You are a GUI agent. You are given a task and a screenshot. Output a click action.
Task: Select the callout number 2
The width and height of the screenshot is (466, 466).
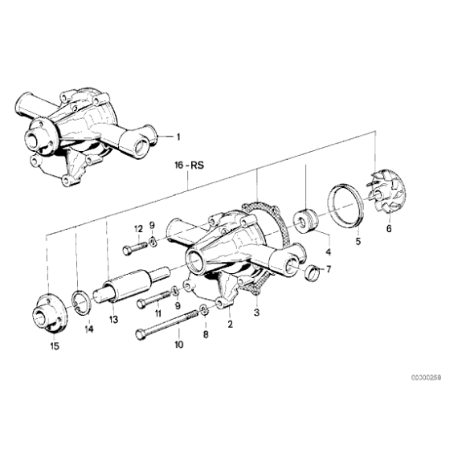pyautogui.click(x=230, y=325)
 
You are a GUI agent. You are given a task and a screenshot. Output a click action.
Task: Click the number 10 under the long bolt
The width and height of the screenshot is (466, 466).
pyautogui.click(x=178, y=345)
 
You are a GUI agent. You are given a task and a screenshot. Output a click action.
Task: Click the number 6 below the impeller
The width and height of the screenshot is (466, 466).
pyautogui.click(x=389, y=229)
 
